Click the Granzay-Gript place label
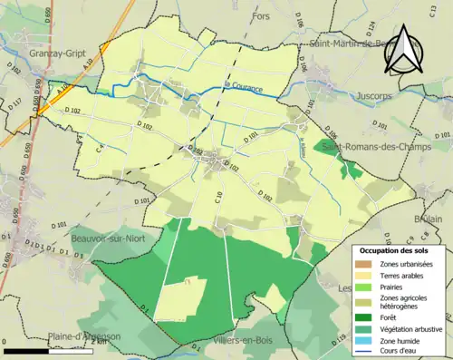point(52,54)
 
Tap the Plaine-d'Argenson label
point(86,336)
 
